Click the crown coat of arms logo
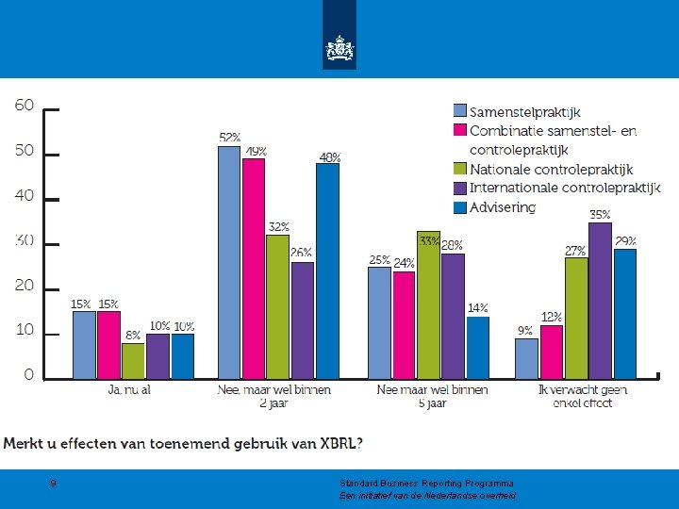(x=339, y=48)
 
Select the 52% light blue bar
(x=229, y=263)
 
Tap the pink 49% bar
(x=254, y=269)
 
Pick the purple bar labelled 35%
(x=600, y=301)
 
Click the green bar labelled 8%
(x=133, y=361)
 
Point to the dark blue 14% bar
(x=478, y=348)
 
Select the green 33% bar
(x=429, y=305)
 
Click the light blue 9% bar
(x=526, y=359)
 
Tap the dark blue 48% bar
(x=328, y=271)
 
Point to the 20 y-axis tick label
(x=25, y=286)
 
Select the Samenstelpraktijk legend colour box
(x=460, y=111)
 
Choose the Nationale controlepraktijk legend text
(x=552, y=170)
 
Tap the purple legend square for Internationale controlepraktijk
(x=460, y=188)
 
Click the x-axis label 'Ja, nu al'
(x=129, y=390)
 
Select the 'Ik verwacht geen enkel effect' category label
(x=583, y=397)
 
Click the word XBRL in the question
(x=338, y=444)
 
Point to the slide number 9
(x=53, y=483)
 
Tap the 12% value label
(x=552, y=318)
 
